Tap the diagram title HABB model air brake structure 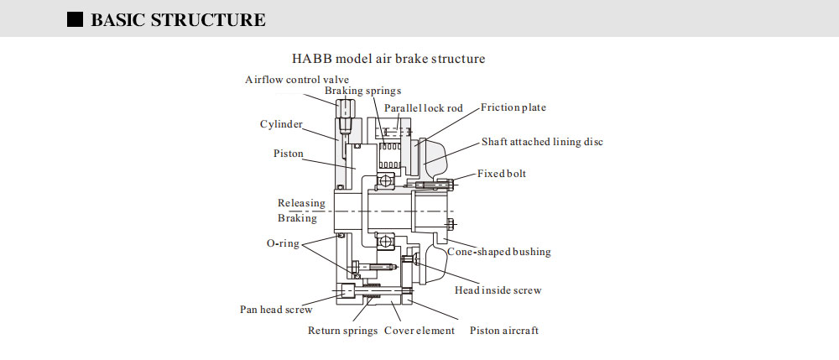click(x=388, y=59)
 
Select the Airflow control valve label click(x=297, y=80)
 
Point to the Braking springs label click(x=363, y=91)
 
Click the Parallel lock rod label click(x=424, y=109)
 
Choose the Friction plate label click(x=513, y=107)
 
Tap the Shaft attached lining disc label click(x=542, y=142)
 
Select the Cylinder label click(x=281, y=124)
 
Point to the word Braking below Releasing click(x=297, y=218)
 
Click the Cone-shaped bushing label click(x=498, y=251)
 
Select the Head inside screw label click(x=498, y=290)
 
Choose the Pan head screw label click(x=276, y=309)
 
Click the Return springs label click(x=342, y=331)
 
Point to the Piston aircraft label click(x=504, y=331)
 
